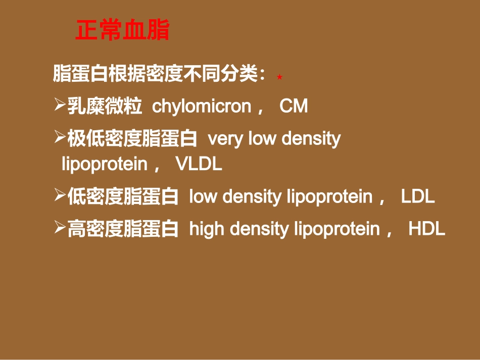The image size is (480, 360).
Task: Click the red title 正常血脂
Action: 122,30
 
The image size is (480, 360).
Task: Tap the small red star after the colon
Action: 279,77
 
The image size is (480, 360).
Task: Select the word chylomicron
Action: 202,107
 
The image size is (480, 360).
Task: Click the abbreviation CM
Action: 294,107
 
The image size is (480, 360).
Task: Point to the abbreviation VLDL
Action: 199,164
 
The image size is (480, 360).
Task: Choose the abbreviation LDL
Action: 418,197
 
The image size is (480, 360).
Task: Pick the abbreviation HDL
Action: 427,229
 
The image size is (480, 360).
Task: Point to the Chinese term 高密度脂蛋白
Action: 123,229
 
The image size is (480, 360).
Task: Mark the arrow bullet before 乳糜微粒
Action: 60,106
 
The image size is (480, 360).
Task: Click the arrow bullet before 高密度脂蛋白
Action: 60,228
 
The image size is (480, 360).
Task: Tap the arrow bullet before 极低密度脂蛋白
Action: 60,138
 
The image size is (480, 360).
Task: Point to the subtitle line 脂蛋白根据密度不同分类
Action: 159,75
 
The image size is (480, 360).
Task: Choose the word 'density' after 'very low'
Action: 311,139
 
